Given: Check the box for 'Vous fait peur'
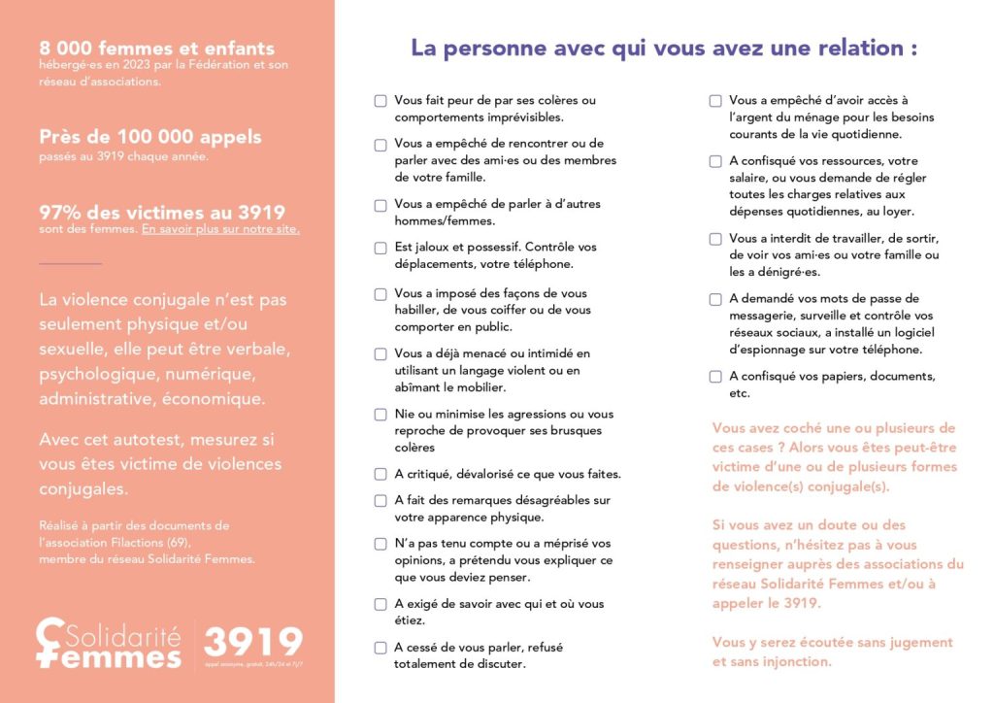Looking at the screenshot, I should point(381,100).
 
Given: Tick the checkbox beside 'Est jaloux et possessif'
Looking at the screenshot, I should point(381,248).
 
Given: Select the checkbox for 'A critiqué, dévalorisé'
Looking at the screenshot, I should point(381,474).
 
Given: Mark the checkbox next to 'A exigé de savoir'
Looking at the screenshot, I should point(381,604).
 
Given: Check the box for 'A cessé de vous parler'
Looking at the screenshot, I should point(381,648).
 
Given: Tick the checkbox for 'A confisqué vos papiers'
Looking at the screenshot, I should point(715,376).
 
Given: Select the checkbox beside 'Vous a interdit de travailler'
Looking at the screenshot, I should point(715,238).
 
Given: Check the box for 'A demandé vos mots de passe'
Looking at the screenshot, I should point(715,299).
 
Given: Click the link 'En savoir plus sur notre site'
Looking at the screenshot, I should point(220,230).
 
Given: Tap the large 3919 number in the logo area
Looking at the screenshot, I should point(253,642).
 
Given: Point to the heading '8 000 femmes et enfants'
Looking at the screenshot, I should point(156,49).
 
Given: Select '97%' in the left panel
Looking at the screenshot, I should point(59,212).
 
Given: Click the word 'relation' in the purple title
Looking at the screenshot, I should point(853,48).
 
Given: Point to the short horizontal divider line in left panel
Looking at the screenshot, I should point(70,263).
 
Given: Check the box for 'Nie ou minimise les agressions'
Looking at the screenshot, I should point(381,415).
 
